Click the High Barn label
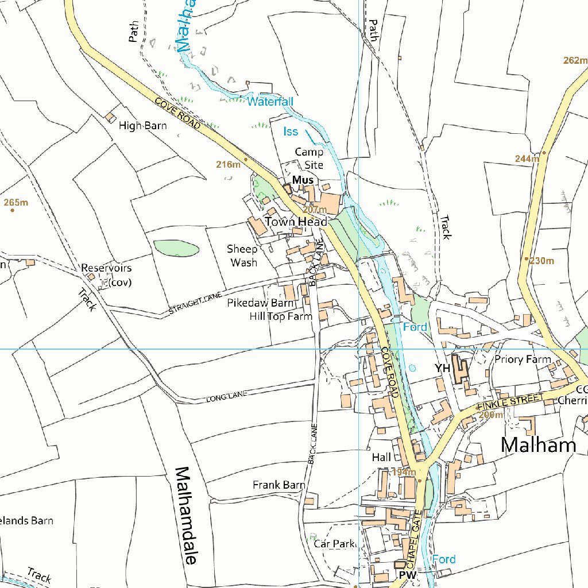tap(143, 125)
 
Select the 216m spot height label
tap(228, 164)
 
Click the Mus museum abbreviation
tap(303, 180)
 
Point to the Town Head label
tap(296, 222)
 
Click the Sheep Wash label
tap(242, 256)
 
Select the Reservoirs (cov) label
tap(106, 274)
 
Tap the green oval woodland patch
tap(176, 249)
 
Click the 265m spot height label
tap(16, 202)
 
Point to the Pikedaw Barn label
tap(260, 303)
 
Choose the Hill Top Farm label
tap(281, 316)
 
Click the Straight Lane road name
tap(195, 304)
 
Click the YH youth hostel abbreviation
tap(442, 367)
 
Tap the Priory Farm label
tap(523, 359)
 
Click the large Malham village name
tap(538, 444)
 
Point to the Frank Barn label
tap(278, 485)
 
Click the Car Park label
tap(335, 543)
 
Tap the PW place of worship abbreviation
tap(407, 575)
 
